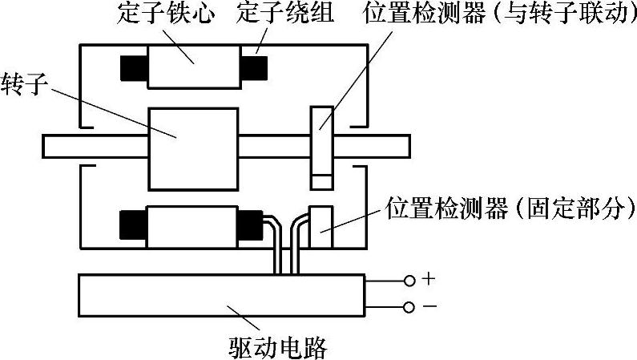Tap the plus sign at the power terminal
point(429,280)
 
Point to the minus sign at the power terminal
point(429,307)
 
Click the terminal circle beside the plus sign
point(409,281)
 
